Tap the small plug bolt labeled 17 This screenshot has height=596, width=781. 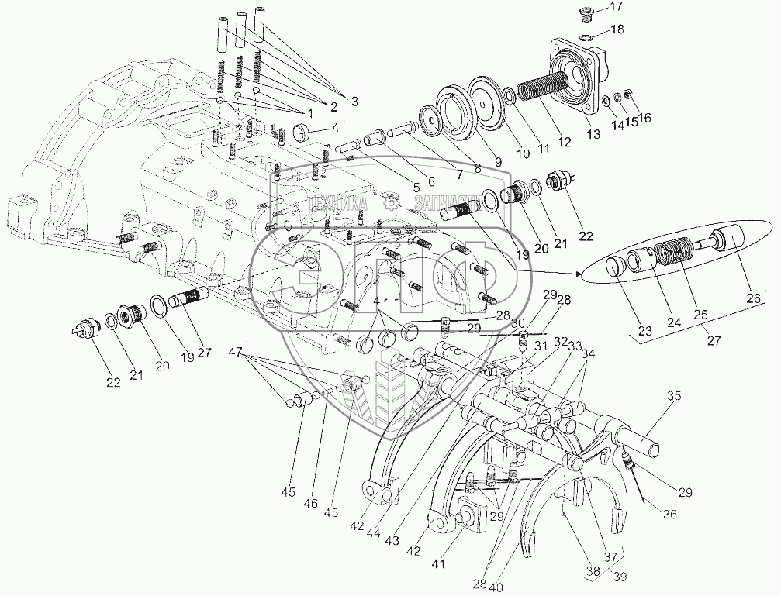[586, 13]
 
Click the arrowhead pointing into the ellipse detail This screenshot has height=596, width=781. [579, 274]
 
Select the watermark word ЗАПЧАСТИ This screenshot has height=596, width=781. [442, 205]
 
